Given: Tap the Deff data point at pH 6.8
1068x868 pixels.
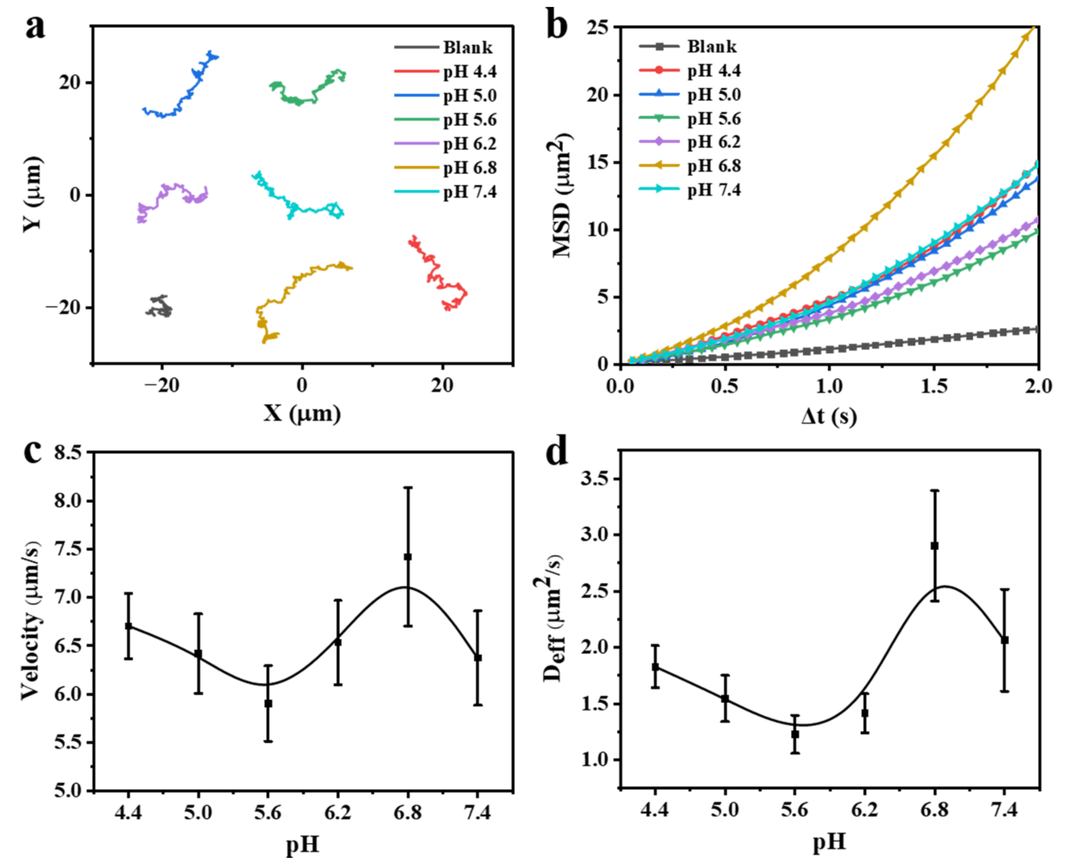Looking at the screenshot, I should [x=934, y=546].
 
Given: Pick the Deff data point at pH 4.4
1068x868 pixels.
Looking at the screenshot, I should [x=655, y=667].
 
